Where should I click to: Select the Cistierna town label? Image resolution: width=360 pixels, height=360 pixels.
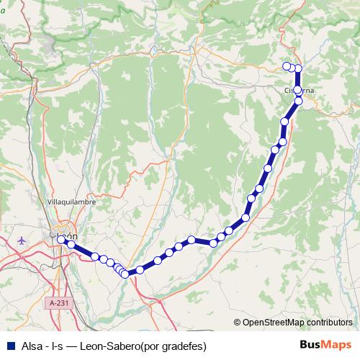pyautogui.click(x=298, y=91)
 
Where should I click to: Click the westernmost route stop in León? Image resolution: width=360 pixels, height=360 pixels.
pyautogui.click(x=61, y=239)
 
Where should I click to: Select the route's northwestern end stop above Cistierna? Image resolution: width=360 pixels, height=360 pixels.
pyautogui.click(x=287, y=66)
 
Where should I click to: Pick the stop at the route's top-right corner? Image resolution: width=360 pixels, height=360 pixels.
pyautogui.click(x=298, y=68)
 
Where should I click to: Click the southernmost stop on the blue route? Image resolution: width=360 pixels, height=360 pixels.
pyautogui.click(x=125, y=274)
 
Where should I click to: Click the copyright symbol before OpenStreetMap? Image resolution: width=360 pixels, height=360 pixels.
pyautogui.click(x=238, y=323)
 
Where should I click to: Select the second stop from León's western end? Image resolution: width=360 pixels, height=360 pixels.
pyautogui.click(x=71, y=246)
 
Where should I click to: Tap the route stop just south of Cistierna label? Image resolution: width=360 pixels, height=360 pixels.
pyautogui.click(x=298, y=101)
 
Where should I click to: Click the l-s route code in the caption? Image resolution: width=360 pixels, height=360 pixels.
pyautogui.click(x=59, y=346)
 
